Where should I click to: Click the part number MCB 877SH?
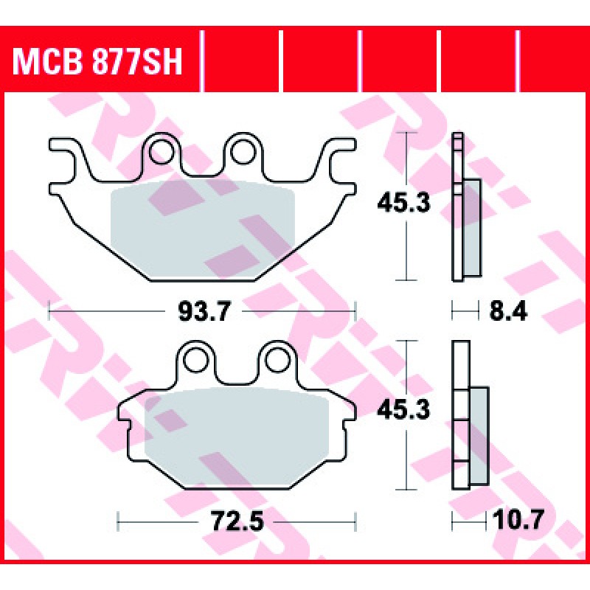[x=97, y=61]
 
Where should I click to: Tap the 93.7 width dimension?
[x=204, y=311]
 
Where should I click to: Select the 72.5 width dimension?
[x=236, y=521]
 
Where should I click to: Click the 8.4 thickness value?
[x=508, y=311]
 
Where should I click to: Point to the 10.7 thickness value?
[x=518, y=520]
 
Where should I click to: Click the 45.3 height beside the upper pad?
[x=403, y=204]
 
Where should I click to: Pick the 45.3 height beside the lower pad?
[x=403, y=410]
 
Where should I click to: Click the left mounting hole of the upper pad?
[x=162, y=152]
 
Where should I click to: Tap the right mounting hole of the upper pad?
[x=243, y=152]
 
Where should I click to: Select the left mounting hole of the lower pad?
[x=195, y=360]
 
